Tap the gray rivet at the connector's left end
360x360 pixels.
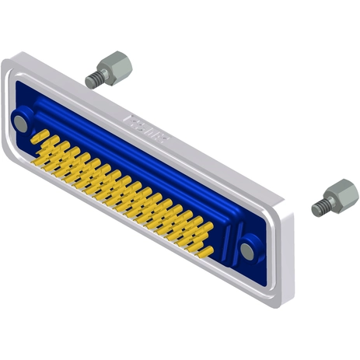click(21, 121)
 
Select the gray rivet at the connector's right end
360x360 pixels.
click(247, 250)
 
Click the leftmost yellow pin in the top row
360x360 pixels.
click(40, 136)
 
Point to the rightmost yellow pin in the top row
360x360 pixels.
click(206, 226)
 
